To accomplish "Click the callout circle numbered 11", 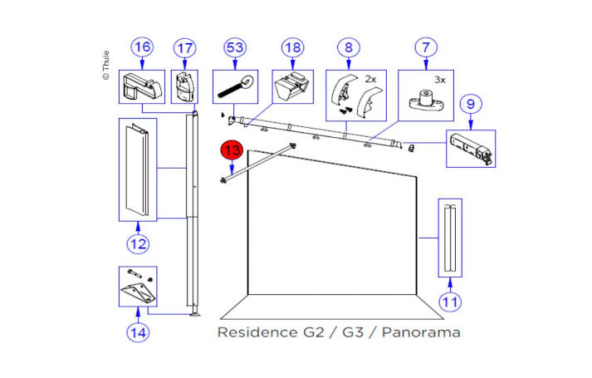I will pos(449,302).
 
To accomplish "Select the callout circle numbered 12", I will pos(137,244).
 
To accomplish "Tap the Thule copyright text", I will pos(105,62).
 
